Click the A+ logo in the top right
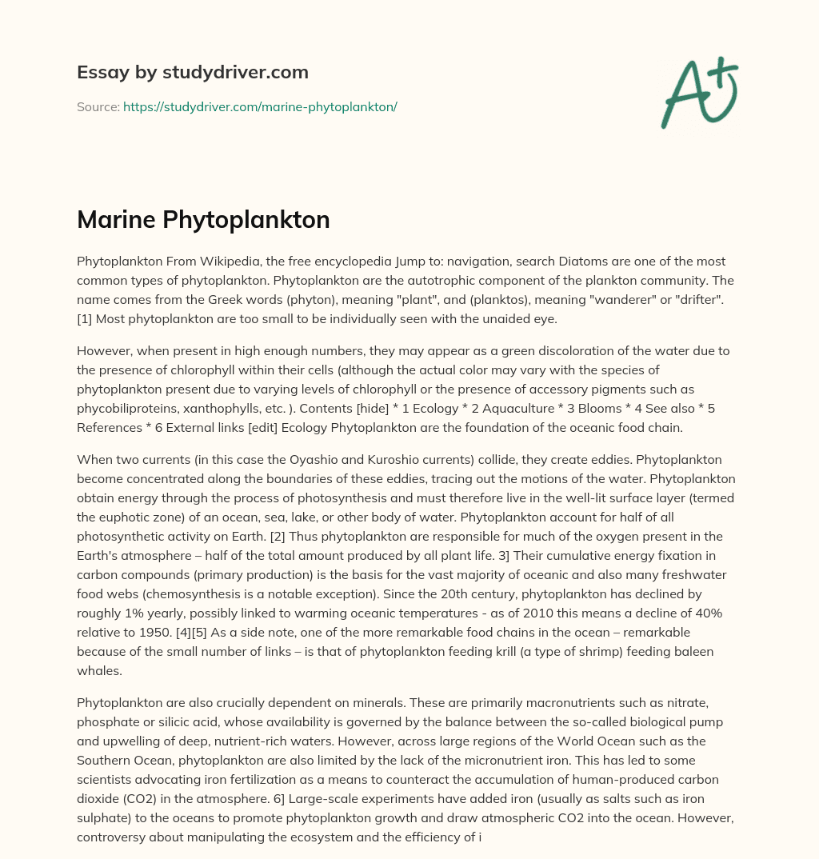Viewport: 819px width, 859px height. (x=698, y=92)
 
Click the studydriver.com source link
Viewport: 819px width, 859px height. (x=260, y=106)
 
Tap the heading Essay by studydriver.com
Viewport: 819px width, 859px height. (x=193, y=72)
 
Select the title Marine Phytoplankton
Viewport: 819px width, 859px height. (x=203, y=220)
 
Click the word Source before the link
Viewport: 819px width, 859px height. (x=98, y=106)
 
